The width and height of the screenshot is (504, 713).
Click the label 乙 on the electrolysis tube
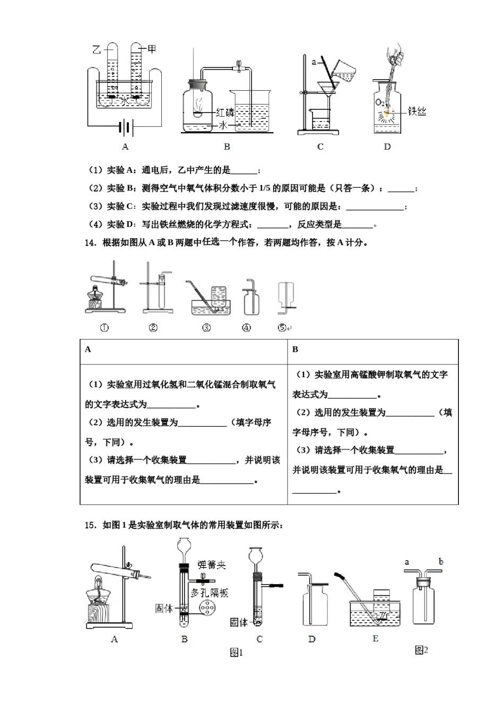point(97,50)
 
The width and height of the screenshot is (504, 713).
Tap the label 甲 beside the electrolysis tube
point(152,49)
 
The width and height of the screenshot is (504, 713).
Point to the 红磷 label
point(225,112)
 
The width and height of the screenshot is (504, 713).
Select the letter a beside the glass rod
point(314,62)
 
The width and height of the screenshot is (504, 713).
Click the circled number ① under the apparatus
point(105,328)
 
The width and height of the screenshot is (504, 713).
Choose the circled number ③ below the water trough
point(206,328)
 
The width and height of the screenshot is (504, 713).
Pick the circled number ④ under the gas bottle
point(246,328)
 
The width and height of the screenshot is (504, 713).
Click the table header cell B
point(296,349)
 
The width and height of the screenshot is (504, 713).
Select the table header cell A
point(88,349)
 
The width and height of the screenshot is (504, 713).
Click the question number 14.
point(90,243)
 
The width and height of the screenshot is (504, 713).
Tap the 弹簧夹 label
point(211,564)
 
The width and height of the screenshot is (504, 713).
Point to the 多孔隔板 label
point(210,592)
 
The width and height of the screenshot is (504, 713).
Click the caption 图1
point(236,653)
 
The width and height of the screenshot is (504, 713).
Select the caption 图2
point(421,650)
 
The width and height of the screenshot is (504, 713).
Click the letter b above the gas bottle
point(441,561)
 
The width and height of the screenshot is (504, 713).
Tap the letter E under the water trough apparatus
point(375,639)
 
